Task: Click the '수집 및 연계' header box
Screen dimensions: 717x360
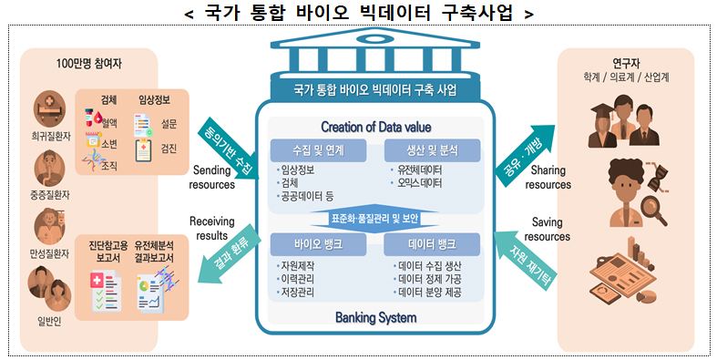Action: [318, 150]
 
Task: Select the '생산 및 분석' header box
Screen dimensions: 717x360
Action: [432, 150]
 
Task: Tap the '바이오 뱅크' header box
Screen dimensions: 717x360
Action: [318, 244]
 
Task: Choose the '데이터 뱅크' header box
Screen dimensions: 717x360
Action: [432, 244]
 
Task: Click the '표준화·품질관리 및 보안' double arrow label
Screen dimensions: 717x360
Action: [374, 218]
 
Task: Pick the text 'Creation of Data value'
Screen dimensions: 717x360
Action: [376, 127]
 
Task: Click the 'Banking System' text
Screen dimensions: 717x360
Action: [376, 317]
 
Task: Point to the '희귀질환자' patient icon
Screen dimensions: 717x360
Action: [49, 108]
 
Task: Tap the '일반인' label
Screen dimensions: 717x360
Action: [49, 322]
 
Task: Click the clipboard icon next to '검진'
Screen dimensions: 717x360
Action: [143, 150]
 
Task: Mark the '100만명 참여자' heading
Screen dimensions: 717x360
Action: [88, 64]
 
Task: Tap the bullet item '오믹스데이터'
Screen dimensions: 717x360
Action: [419, 183]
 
